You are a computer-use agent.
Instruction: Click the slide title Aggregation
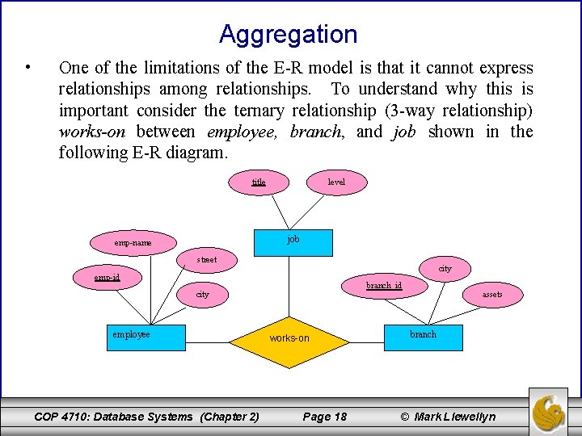tap(288, 35)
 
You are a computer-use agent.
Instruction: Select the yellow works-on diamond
tap(289, 338)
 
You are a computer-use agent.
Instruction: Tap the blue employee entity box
tap(148, 337)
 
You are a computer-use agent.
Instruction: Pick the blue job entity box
tap(293, 241)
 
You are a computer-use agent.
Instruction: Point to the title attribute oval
tap(259, 182)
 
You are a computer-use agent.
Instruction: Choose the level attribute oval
tap(336, 182)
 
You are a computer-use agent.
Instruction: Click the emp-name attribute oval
tap(133, 242)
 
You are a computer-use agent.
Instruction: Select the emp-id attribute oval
tap(107, 277)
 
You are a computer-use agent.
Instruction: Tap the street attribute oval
tap(207, 260)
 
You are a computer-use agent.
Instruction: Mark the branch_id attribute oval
tap(384, 286)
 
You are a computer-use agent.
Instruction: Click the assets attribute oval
tap(491, 295)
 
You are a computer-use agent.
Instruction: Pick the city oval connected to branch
tap(445, 269)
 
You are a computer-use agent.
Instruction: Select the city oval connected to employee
tap(202, 295)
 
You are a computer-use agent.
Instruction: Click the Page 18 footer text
tap(324, 417)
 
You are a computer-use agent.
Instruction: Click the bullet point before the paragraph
tap(28, 68)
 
